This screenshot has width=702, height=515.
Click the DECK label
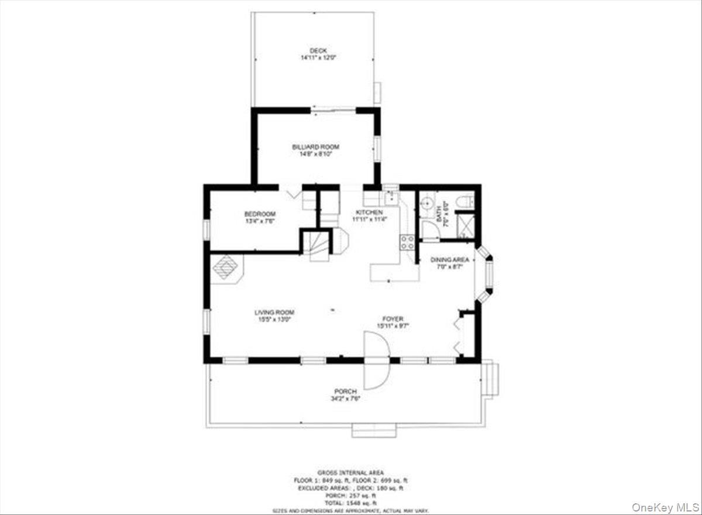pyautogui.click(x=318, y=51)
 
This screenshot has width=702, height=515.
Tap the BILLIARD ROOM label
pyautogui.click(x=315, y=147)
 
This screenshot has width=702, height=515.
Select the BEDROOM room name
pyautogui.click(x=260, y=214)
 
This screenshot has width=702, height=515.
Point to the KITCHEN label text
pyautogui.click(x=369, y=212)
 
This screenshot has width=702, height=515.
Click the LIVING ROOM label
pyautogui.click(x=274, y=313)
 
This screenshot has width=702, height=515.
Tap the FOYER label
pyautogui.click(x=393, y=318)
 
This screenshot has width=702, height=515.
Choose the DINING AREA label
pyautogui.click(x=449, y=260)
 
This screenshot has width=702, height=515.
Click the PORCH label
pyautogui.click(x=345, y=392)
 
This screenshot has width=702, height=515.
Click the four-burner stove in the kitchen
pyautogui.click(x=407, y=242)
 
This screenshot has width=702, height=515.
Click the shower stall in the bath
pyautogui.click(x=466, y=225)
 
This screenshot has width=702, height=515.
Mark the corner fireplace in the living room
pyautogui.click(x=225, y=269)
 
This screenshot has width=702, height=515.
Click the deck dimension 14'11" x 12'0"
pyautogui.click(x=318, y=58)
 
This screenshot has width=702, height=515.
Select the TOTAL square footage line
pyautogui.click(x=351, y=503)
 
